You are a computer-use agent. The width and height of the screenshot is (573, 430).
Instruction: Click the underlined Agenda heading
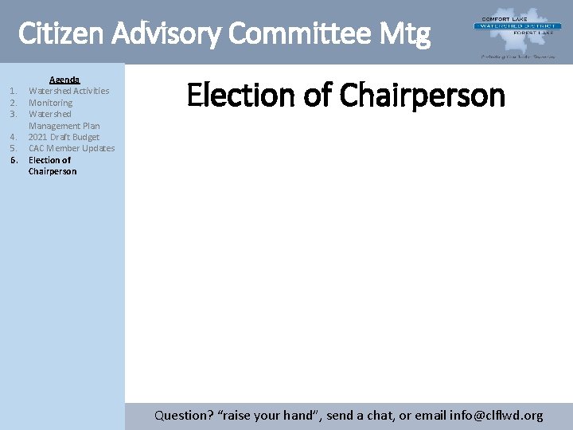64,80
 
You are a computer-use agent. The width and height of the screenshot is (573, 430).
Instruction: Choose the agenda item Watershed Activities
68,91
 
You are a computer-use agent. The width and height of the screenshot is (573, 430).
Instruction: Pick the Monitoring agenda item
50,103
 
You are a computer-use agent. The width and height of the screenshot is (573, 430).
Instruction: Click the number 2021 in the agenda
39,137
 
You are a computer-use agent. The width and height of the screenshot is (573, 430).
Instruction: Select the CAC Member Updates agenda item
72,148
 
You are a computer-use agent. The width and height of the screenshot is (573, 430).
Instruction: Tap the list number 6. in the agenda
14,160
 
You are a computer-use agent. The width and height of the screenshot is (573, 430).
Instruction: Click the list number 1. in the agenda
14,91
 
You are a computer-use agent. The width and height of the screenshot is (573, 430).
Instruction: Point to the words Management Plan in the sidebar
64,126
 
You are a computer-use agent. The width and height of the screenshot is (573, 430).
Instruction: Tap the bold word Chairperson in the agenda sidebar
53,171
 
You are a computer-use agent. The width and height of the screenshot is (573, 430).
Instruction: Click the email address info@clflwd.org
496,415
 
